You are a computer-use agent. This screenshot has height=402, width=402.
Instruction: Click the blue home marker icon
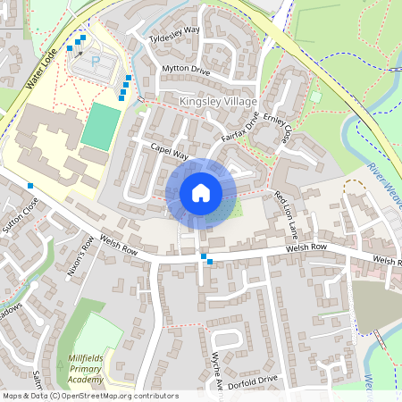pyautogui.click(x=200, y=193)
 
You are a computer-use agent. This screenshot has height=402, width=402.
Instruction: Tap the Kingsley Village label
pyautogui.click(x=218, y=102)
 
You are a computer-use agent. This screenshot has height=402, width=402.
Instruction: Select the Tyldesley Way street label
pyautogui.click(x=175, y=40)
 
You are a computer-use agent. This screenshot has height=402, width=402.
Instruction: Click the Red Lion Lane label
pyautogui.click(x=286, y=215)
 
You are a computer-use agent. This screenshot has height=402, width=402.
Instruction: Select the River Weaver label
pyautogui.click(x=383, y=182)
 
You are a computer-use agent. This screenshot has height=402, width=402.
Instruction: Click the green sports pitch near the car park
pyautogui.click(x=101, y=125)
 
